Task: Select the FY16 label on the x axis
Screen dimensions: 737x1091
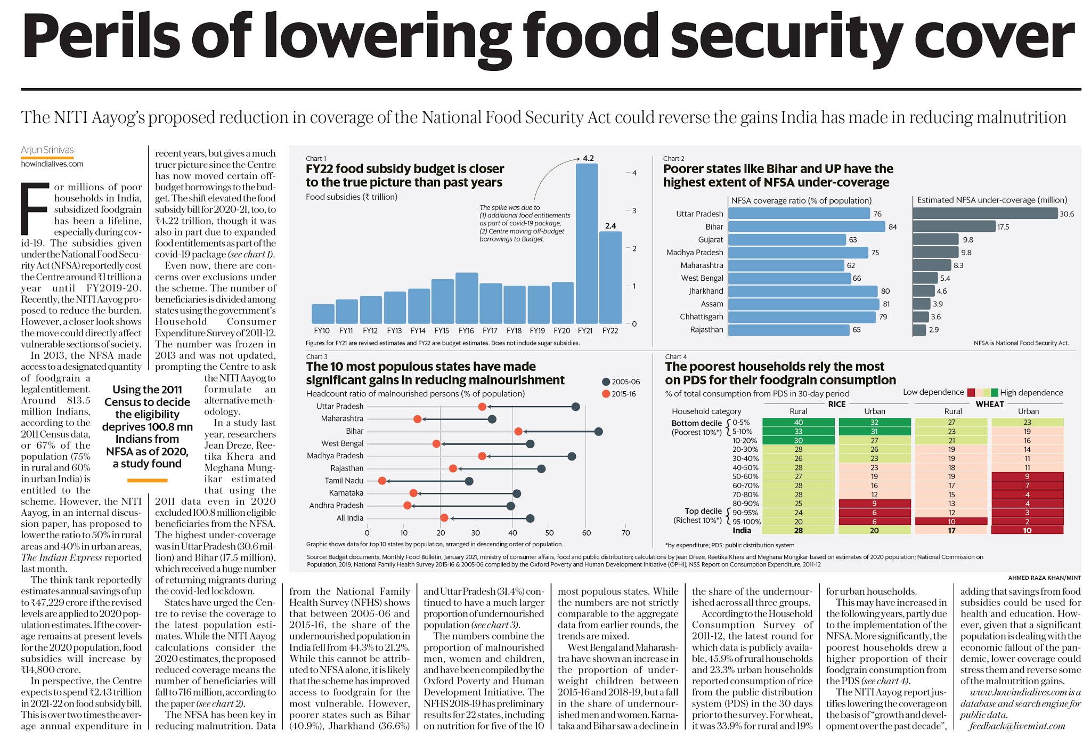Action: pyautogui.click(x=466, y=331)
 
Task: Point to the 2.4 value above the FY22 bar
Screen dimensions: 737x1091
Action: pyautogui.click(x=610, y=226)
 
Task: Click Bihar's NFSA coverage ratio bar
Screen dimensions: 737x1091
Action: pyautogui.click(x=806, y=226)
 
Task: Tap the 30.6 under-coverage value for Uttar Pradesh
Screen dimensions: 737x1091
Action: pyautogui.click(x=1066, y=214)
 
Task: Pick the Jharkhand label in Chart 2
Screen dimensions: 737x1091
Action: pyautogui.click(x=706, y=291)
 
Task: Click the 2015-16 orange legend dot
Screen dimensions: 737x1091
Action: pyautogui.click(x=606, y=394)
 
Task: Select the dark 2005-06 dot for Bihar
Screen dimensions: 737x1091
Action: pyautogui.click(x=598, y=431)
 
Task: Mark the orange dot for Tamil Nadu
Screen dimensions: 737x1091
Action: pyautogui.click(x=382, y=481)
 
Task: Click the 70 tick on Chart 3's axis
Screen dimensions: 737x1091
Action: pyautogui.click(x=625, y=532)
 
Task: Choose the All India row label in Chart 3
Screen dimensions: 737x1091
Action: pyautogui.click(x=350, y=518)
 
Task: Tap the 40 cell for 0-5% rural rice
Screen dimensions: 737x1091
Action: pyautogui.click(x=798, y=423)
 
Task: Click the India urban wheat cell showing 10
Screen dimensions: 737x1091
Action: pyautogui.click(x=1027, y=531)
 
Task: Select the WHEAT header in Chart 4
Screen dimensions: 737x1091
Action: pyautogui.click(x=990, y=404)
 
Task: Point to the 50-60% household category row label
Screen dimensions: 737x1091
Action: pyautogui.click(x=745, y=476)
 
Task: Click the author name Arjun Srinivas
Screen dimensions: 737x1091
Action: pyautogui.click(x=47, y=150)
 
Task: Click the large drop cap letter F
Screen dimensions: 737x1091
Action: pyautogui.click(x=35, y=208)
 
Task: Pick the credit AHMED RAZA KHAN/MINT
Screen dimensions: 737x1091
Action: pyautogui.click(x=1044, y=578)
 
